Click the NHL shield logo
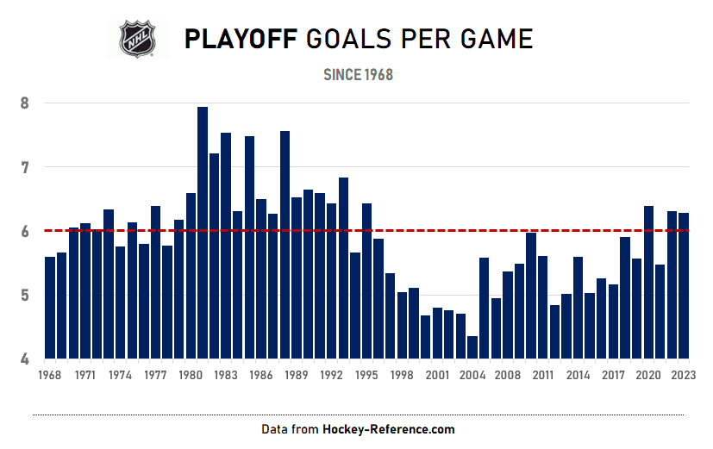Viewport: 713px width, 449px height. coord(138,40)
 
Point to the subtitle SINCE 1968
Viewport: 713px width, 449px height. coord(358,75)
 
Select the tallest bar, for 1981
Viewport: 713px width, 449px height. coord(203,233)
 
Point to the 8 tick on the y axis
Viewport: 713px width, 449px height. coord(24,103)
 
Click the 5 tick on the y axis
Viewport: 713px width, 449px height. coord(24,296)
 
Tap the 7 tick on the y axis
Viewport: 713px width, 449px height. coord(24,167)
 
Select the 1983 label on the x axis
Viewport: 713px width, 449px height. coord(226,376)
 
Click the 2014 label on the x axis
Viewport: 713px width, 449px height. coord(579,376)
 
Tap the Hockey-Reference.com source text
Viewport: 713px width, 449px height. coord(388,429)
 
